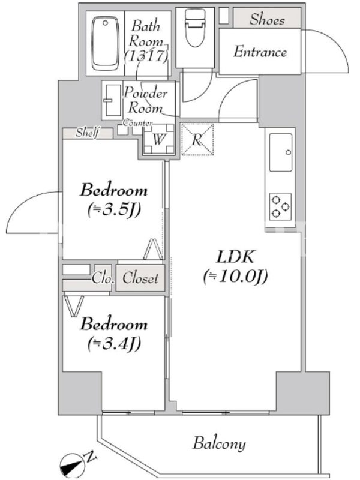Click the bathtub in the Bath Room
[105, 43]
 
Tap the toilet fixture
[196, 27]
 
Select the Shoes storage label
[267, 19]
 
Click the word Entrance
[260, 52]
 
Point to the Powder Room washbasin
[112, 100]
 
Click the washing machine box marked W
[158, 139]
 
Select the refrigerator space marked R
[197, 139]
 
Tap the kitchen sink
[280, 152]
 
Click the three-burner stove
[280, 206]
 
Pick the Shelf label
[88, 133]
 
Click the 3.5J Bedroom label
[114, 200]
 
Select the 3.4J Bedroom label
[114, 334]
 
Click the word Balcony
[219, 444]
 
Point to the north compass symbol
[72, 464]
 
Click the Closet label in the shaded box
[140, 278]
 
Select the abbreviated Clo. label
[103, 278]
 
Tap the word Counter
[138, 123]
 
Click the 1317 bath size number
[146, 56]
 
